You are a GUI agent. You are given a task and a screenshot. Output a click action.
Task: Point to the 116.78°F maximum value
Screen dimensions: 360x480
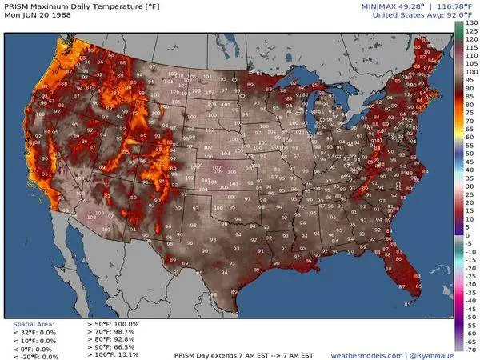[x=432, y=6]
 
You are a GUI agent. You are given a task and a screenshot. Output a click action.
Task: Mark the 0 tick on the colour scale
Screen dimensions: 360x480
[x=467, y=236]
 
